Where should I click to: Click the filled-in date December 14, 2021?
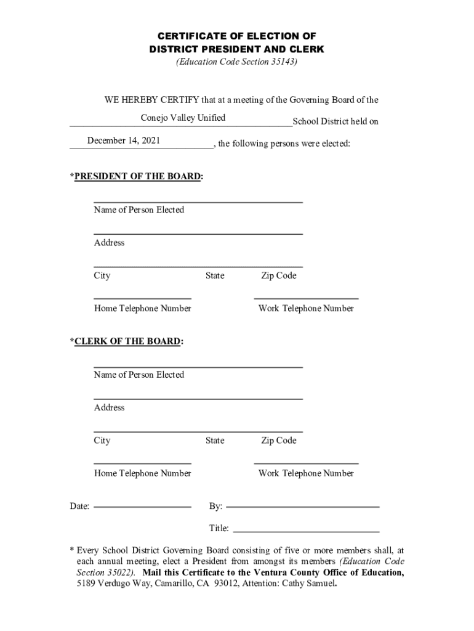pos(124,140)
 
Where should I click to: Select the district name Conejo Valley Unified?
pos(183,118)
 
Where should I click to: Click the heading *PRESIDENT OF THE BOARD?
pos(136,177)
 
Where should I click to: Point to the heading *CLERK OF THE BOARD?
pos(126,341)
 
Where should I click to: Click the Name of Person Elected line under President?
pos(198,202)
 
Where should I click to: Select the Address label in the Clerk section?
pos(109,407)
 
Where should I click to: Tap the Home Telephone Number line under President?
pos(142,298)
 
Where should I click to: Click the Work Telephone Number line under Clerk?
pos(306,463)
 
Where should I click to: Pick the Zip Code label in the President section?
pos(278,275)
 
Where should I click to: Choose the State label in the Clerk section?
pos(215,440)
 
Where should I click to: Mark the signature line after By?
pos(303,506)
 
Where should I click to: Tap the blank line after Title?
pos(305,531)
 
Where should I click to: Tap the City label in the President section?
pos(102,275)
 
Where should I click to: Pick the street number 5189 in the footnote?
pos(86,584)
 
